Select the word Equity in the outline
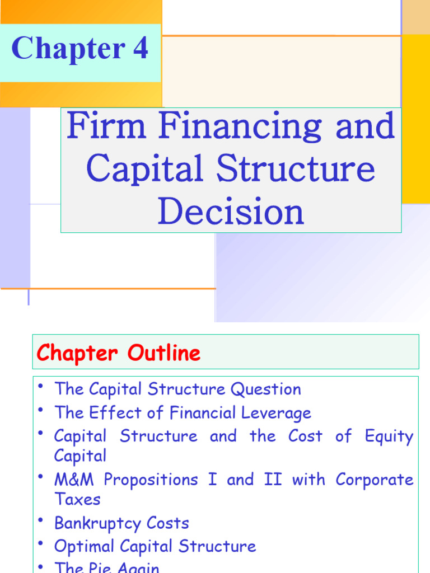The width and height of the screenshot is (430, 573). (389, 437)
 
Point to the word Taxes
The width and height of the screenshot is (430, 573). (77, 499)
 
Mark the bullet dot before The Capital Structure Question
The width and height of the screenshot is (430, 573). (41, 386)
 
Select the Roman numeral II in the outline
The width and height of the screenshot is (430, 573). (273, 480)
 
